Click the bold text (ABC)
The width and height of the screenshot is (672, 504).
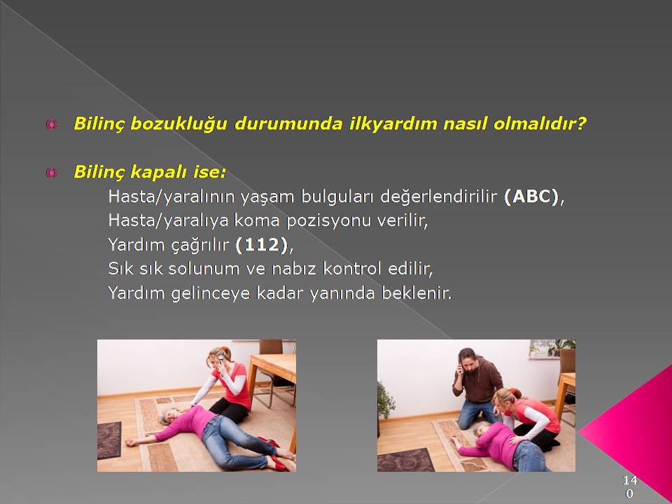(531, 197)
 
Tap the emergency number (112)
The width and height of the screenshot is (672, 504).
(261, 245)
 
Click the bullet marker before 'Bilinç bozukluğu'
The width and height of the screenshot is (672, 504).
(51, 125)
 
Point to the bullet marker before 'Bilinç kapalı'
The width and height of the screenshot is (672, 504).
(51, 173)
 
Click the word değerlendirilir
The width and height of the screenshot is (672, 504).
(438, 197)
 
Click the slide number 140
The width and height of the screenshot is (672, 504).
(629, 486)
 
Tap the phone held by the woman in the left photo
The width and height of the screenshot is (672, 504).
(220, 360)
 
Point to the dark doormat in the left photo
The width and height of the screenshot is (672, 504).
(109, 440)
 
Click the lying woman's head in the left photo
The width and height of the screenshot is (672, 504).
(170, 416)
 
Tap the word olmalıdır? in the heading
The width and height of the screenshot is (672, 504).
(540, 124)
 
